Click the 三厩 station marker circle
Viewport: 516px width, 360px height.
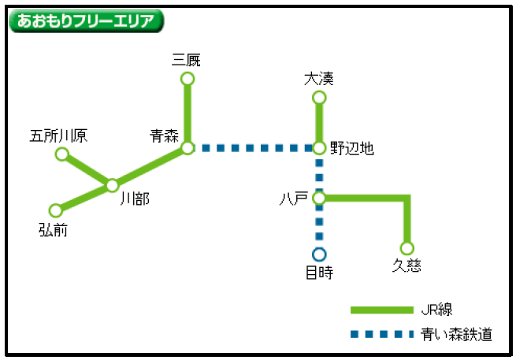187,78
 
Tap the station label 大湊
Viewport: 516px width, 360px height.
319,78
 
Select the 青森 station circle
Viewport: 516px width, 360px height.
187,147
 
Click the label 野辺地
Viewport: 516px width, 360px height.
352,147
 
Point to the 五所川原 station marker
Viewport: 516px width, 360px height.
62,154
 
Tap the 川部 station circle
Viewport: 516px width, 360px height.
112,185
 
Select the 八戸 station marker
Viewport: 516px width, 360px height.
319,198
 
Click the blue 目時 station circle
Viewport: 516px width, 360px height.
319,254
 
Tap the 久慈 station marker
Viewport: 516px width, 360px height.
407,248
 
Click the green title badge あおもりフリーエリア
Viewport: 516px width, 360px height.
86,20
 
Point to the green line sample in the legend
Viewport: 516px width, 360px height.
381,310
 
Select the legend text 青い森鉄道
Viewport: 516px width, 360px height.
457,335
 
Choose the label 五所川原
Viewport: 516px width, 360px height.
58,135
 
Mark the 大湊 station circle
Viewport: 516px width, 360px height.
319,97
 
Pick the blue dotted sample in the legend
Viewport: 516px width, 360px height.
381,335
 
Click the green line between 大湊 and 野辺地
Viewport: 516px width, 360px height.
319,122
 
